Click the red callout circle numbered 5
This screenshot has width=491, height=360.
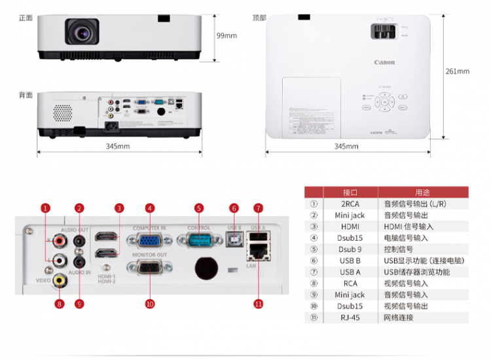point(198,208)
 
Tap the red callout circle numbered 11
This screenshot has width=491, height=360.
point(258,303)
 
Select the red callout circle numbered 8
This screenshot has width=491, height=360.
point(60,303)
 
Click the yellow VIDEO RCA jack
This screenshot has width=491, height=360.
point(60,280)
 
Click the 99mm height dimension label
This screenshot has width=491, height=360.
point(227,35)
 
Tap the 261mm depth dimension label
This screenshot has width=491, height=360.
point(458,71)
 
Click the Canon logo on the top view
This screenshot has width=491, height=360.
point(384,63)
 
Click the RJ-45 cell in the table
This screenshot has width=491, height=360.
point(349,317)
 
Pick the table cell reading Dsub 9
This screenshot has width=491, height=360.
point(349,249)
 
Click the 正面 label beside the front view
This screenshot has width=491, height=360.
point(26,18)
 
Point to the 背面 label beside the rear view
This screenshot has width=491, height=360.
point(26,96)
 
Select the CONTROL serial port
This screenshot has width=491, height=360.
point(199,240)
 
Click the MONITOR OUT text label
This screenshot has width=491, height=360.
point(149,255)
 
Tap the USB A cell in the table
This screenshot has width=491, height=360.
point(349,272)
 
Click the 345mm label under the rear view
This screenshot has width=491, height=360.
point(118,146)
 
